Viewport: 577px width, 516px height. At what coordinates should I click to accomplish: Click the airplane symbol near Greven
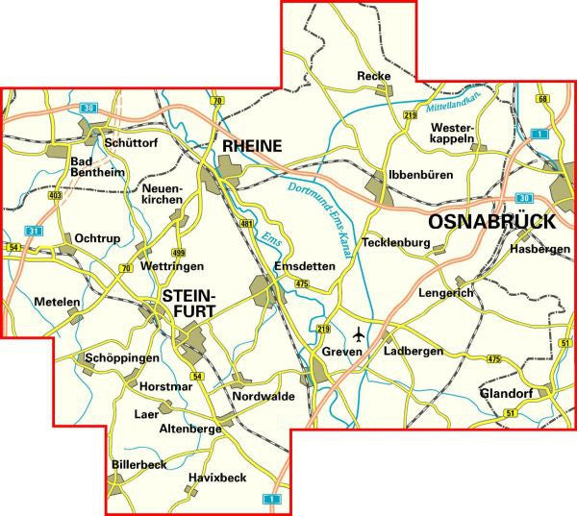(360, 334)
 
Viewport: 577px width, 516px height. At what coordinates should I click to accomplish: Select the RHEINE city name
(252, 146)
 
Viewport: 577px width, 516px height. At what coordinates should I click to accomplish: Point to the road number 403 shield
(54, 195)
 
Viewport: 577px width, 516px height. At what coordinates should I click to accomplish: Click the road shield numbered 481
(246, 224)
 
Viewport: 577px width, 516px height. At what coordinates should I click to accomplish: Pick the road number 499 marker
(178, 252)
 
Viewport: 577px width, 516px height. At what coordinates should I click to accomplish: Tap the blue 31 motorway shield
(33, 232)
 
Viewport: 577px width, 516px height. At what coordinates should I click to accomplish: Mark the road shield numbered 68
(543, 99)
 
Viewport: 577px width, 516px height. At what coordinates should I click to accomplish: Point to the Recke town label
(374, 75)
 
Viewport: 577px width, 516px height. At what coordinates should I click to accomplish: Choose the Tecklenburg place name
(394, 243)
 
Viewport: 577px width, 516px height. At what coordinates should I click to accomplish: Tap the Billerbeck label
(138, 464)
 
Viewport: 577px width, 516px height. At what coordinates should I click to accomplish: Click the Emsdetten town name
(302, 266)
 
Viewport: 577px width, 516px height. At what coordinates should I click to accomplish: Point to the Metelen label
(58, 302)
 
